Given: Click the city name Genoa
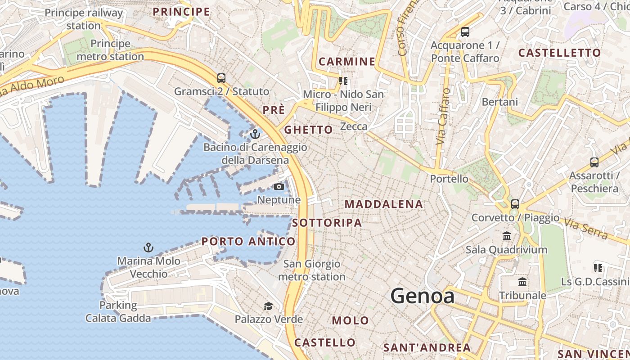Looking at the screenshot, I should [x=422, y=296].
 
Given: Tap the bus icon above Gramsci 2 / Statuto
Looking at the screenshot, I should [x=221, y=78].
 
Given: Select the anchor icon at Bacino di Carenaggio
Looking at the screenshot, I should [x=255, y=134].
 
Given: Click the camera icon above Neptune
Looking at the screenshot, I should [x=279, y=186].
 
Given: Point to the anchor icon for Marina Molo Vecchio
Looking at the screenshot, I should [x=148, y=247].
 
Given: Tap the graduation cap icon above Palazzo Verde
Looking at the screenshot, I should [x=268, y=306].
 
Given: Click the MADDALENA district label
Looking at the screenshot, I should [x=384, y=204].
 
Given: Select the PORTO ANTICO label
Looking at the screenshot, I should [x=248, y=241].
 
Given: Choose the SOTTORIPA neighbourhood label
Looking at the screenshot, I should [x=327, y=223].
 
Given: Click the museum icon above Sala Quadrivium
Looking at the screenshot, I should [x=507, y=236].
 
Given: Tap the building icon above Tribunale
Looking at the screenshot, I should [x=522, y=282].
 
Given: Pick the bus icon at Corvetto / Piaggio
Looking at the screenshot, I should [x=515, y=204].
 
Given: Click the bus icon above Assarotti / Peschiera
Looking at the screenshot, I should [x=594, y=162].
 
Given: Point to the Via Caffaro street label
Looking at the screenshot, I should [x=443, y=116].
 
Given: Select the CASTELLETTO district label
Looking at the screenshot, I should [x=559, y=53].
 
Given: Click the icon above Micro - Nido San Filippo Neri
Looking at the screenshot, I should [x=344, y=81].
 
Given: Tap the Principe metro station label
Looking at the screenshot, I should [x=110, y=50].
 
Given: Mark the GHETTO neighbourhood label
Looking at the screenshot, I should [x=309, y=130].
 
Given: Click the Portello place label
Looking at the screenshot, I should [x=449, y=179].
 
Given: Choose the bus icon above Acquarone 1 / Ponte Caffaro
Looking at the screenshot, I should [x=465, y=32].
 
